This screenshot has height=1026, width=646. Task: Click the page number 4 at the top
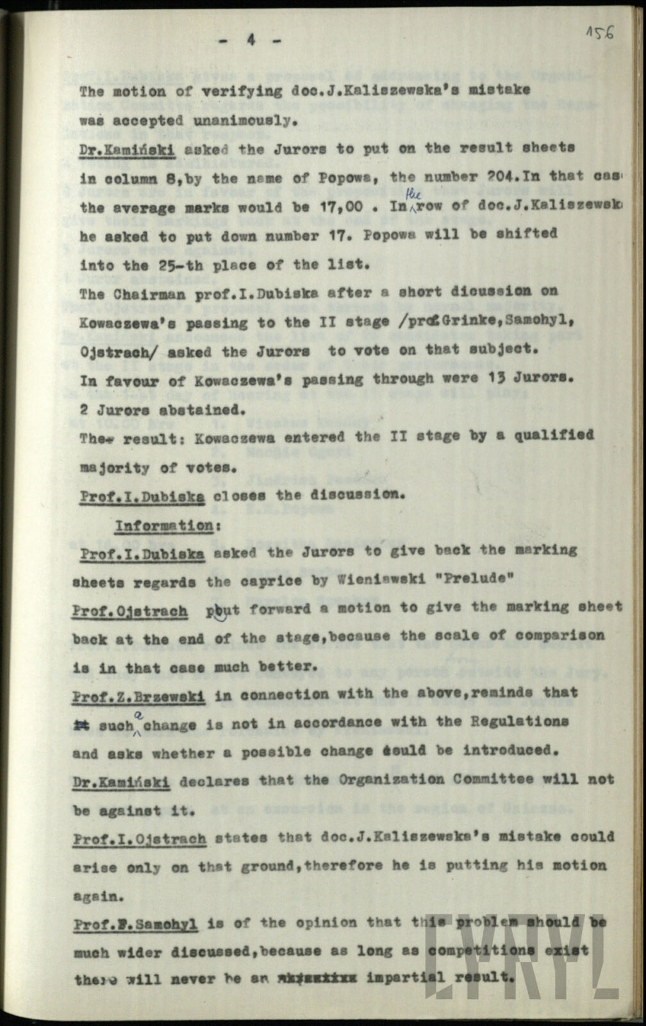pyautogui.click(x=250, y=40)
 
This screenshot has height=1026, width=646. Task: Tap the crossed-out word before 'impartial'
pyautogui.click(x=310, y=979)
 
